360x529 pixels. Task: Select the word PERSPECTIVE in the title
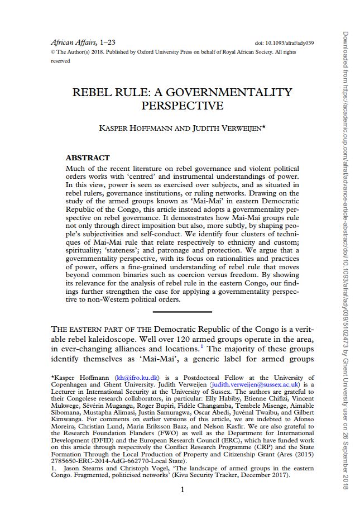pos(183,105)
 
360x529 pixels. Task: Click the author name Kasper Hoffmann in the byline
pos(129,128)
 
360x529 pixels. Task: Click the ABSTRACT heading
pos(88,158)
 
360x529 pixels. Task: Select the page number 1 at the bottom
pos(182,490)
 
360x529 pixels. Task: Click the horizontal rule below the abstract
pos(182,312)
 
